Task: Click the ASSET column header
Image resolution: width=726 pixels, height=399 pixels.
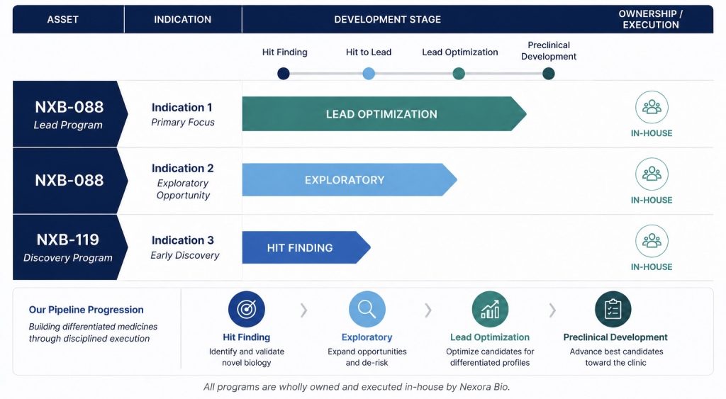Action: [x=62, y=19]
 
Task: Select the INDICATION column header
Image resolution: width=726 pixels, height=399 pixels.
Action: [x=182, y=19]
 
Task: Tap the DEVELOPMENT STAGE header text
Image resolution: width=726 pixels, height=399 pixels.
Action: [x=388, y=19]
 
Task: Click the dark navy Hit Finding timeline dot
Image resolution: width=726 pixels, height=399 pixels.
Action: [x=284, y=74]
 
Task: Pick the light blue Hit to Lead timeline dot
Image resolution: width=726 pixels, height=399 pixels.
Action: [x=369, y=74]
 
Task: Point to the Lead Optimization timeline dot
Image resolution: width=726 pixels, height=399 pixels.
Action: [x=459, y=74]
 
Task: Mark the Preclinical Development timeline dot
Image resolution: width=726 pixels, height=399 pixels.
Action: [x=548, y=74]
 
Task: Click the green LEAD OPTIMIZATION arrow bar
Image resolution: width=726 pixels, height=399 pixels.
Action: [x=384, y=114]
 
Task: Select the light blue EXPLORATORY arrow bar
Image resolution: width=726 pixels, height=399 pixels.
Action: [x=349, y=179]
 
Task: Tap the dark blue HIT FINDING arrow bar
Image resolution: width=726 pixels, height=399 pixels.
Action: [x=306, y=247]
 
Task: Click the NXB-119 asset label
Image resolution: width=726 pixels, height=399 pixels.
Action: [x=67, y=240]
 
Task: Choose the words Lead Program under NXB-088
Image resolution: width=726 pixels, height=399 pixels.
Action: [x=68, y=125]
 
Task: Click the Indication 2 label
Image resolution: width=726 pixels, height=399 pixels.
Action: [x=182, y=168]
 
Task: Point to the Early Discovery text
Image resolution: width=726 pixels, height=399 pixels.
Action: [x=185, y=256]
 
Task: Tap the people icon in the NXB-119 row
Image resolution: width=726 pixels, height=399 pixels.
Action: [x=652, y=241]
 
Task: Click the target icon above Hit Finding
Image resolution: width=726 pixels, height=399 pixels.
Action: [x=246, y=309]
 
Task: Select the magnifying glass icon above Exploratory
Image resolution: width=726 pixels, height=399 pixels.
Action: [x=367, y=309]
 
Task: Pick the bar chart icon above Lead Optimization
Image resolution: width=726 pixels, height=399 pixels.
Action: [x=490, y=309]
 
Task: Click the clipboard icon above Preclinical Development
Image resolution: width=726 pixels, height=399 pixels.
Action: [x=613, y=309]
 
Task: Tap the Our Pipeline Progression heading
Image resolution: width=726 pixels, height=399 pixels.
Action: [x=86, y=310]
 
